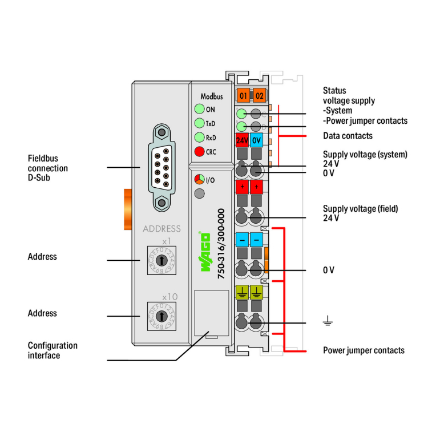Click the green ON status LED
tap(199, 110)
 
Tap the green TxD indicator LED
tap(199, 123)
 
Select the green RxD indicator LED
tap(199, 138)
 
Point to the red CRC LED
tap(199, 152)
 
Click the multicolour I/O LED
tap(199, 180)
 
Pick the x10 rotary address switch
tap(161, 316)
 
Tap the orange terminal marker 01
tap(244, 95)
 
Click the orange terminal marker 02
tap(260, 95)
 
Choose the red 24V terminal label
tap(242, 140)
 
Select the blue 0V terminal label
tap(256, 140)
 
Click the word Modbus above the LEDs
tap(211, 97)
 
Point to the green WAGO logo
tap(204, 255)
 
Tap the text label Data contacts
tap(348, 136)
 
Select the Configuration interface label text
tap(53, 350)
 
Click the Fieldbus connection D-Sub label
tap(48, 168)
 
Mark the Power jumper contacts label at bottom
tap(364, 350)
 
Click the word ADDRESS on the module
tap(161, 229)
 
